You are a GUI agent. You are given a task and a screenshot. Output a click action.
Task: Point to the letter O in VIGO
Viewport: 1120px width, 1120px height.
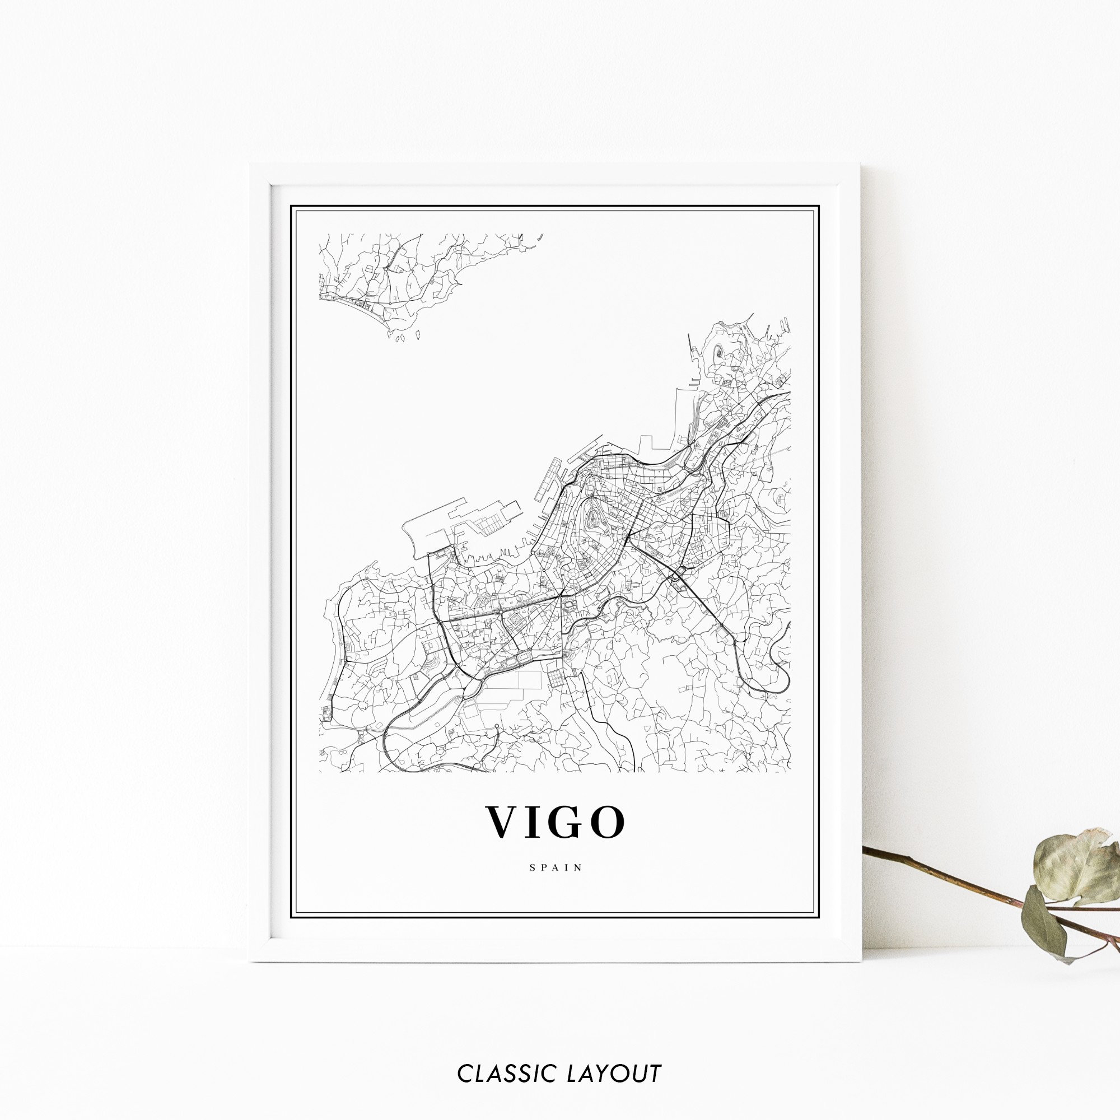point(609,822)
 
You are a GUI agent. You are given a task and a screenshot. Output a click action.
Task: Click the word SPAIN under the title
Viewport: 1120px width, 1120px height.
point(556,868)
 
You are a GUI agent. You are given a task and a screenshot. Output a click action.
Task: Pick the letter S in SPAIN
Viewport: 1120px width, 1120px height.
point(532,868)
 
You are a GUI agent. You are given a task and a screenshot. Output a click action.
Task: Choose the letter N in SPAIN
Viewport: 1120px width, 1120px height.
point(578,868)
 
